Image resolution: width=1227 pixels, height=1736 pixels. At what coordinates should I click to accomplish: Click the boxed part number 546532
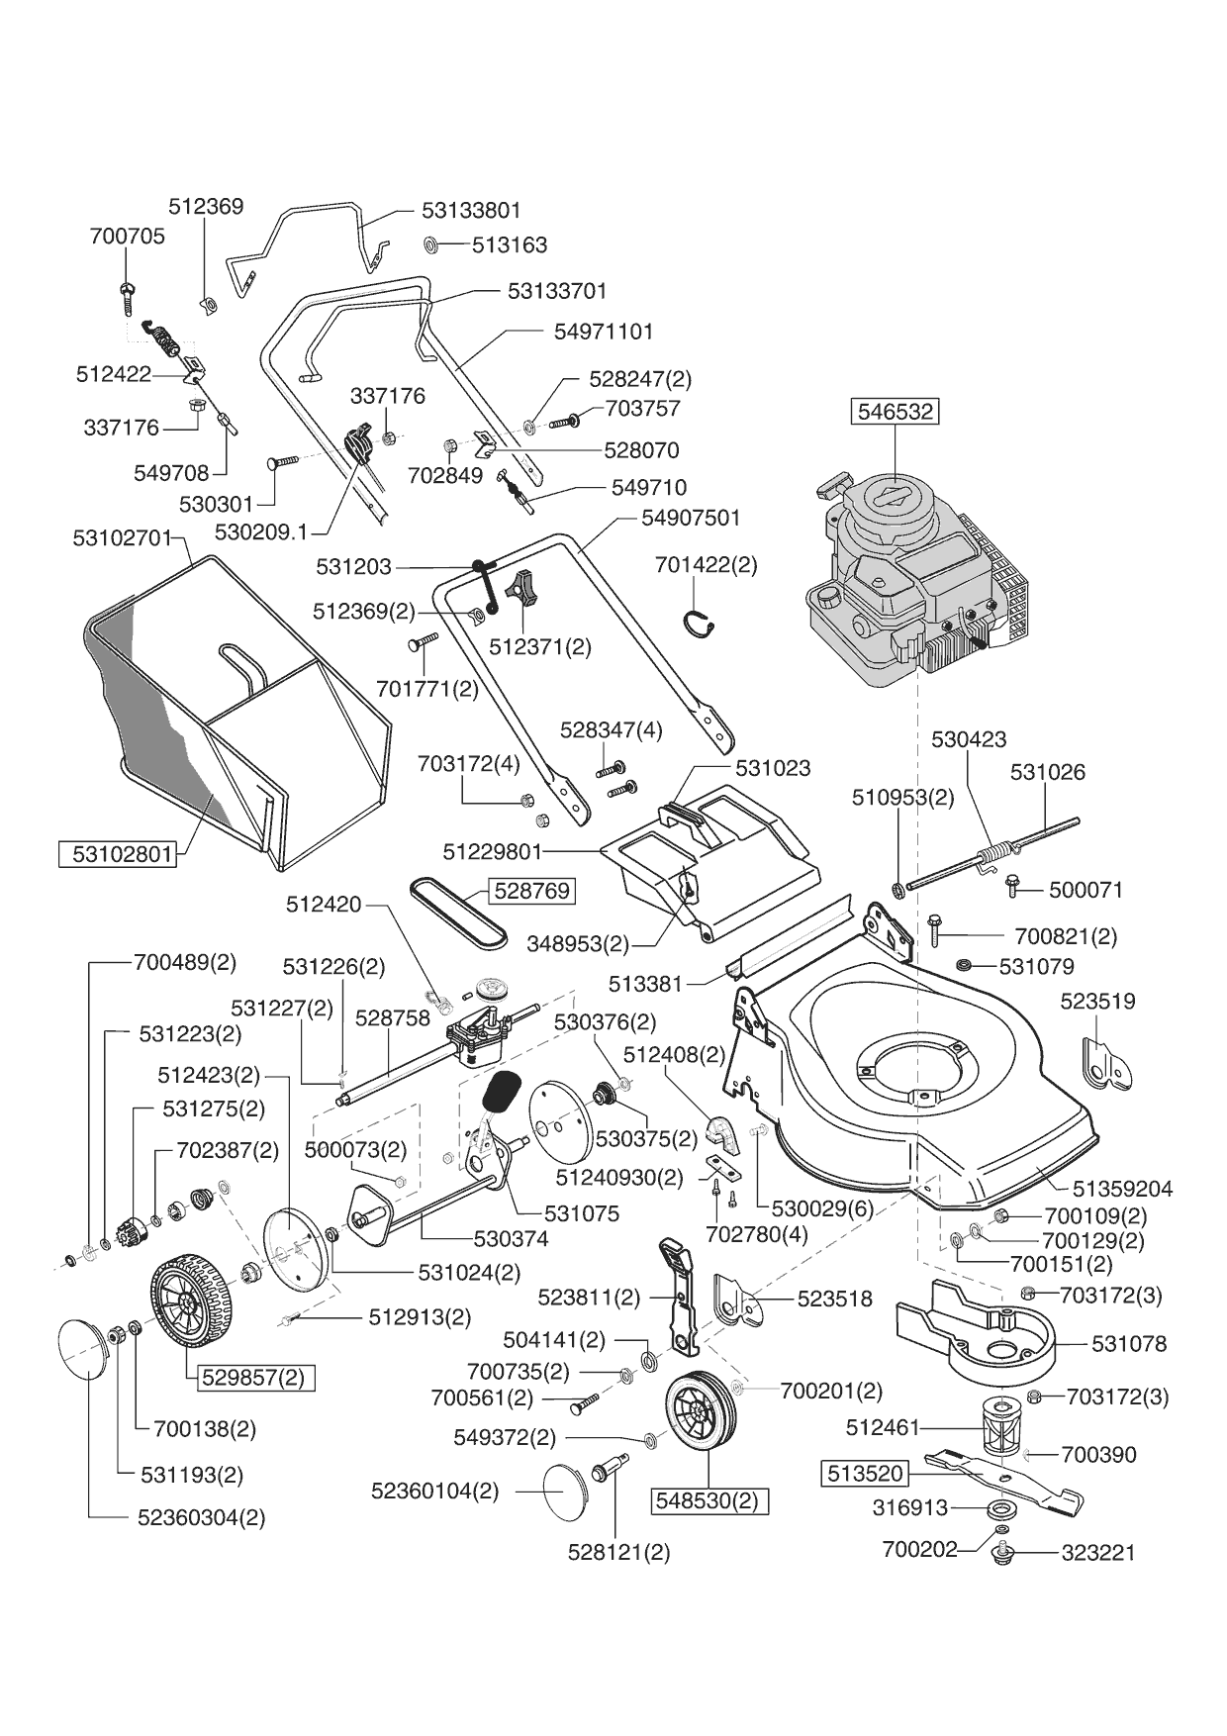[x=896, y=411]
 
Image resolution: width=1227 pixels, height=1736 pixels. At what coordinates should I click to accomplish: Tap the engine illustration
[x=916, y=583]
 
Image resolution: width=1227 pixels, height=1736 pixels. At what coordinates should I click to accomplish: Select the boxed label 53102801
[x=122, y=853]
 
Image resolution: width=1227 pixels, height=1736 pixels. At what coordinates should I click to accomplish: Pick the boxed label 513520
[x=864, y=1474]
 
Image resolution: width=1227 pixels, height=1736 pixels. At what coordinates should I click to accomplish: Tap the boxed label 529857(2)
[x=253, y=1377]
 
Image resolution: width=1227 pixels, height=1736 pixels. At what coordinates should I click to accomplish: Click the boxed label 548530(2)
[x=708, y=1500]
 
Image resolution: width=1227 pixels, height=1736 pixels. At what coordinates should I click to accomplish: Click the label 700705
[x=127, y=237]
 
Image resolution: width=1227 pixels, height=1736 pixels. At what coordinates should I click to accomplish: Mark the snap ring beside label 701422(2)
[x=700, y=622]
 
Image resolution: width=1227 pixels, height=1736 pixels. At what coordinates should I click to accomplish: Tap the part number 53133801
[x=471, y=210]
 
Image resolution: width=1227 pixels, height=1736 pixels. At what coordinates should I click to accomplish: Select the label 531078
[x=1129, y=1344]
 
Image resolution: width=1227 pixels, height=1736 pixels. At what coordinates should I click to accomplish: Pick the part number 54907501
[x=691, y=518]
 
